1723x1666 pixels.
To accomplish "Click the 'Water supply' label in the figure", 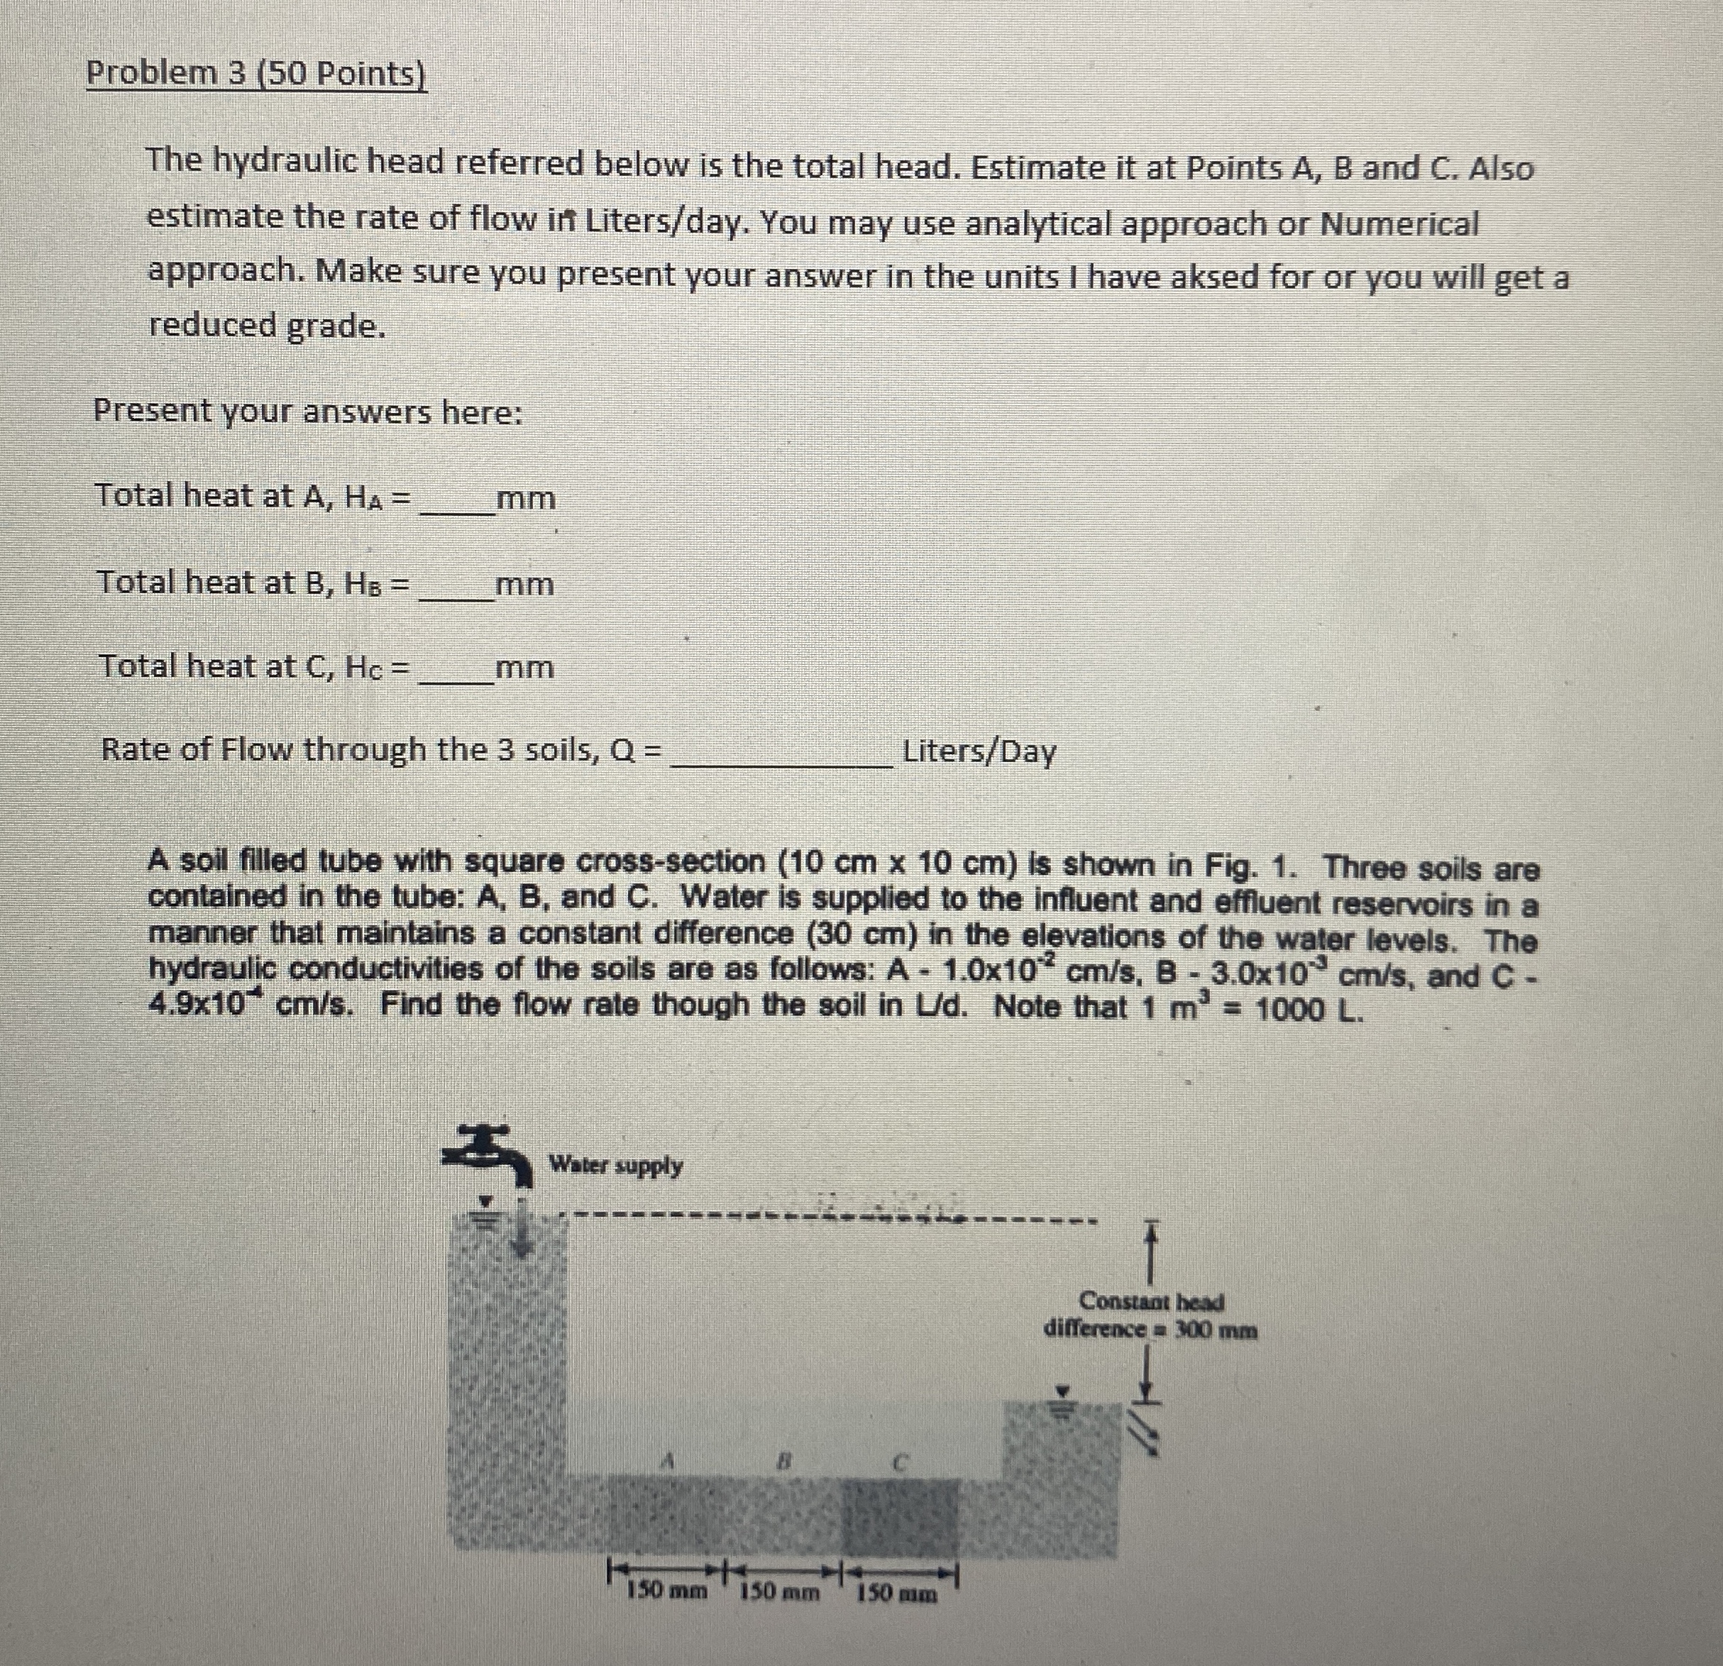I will point(615,1166).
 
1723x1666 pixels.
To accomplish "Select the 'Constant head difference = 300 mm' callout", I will point(1150,1314).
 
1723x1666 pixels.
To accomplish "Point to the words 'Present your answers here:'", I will point(308,412).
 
